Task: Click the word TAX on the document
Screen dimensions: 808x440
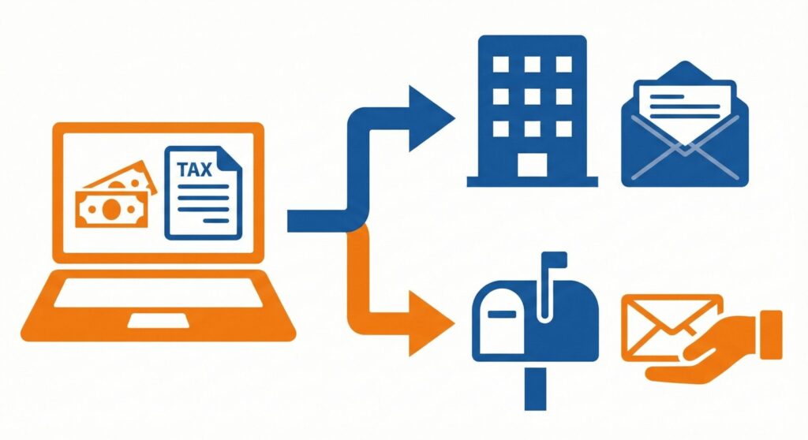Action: (x=194, y=170)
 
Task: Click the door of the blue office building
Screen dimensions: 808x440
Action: (x=533, y=165)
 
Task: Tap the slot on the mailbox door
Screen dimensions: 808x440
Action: (x=501, y=314)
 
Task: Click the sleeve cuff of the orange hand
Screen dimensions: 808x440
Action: (x=772, y=335)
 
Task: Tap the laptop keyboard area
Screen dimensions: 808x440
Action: (x=158, y=293)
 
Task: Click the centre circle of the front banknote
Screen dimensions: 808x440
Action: (x=111, y=209)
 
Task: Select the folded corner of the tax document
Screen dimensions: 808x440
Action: (x=230, y=157)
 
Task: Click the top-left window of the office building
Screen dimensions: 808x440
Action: (x=501, y=65)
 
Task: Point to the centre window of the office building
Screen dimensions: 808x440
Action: (x=533, y=96)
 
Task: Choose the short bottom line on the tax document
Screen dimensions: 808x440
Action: (x=216, y=221)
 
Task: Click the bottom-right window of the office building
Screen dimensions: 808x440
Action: (x=563, y=129)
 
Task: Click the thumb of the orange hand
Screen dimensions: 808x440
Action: (x=697, y=356)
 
